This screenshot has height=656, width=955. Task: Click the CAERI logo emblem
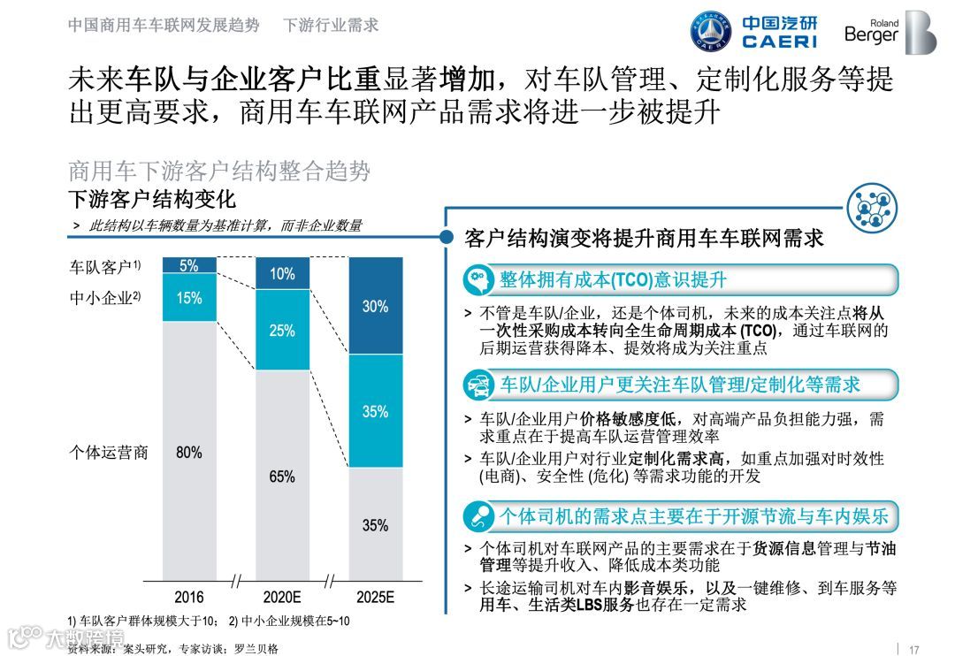(710, 33)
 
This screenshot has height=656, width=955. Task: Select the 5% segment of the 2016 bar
(189, 265)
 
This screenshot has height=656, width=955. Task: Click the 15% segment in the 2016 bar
(189, 298)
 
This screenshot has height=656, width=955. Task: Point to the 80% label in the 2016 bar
(189, 453)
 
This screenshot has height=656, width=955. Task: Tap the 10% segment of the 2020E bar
(282, 274)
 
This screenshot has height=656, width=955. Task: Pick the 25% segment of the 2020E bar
(282, 331)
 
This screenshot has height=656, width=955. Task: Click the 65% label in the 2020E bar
(282, 477)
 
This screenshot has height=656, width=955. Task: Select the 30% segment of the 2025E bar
(375, 306)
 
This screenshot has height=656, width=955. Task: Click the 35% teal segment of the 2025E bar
(375, 411)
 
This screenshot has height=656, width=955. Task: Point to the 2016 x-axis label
(189, 597)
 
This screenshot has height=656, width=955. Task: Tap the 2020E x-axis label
(282, 597)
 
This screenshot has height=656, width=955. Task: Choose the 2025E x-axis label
(375, 597)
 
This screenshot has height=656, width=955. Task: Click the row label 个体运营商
(109, 453)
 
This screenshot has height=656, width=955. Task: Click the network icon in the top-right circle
(872, 209)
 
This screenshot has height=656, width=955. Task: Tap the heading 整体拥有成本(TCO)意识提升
(612, 280)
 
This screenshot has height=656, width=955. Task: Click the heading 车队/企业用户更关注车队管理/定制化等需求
(679, 385)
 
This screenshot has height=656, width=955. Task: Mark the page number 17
(915, 647)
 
